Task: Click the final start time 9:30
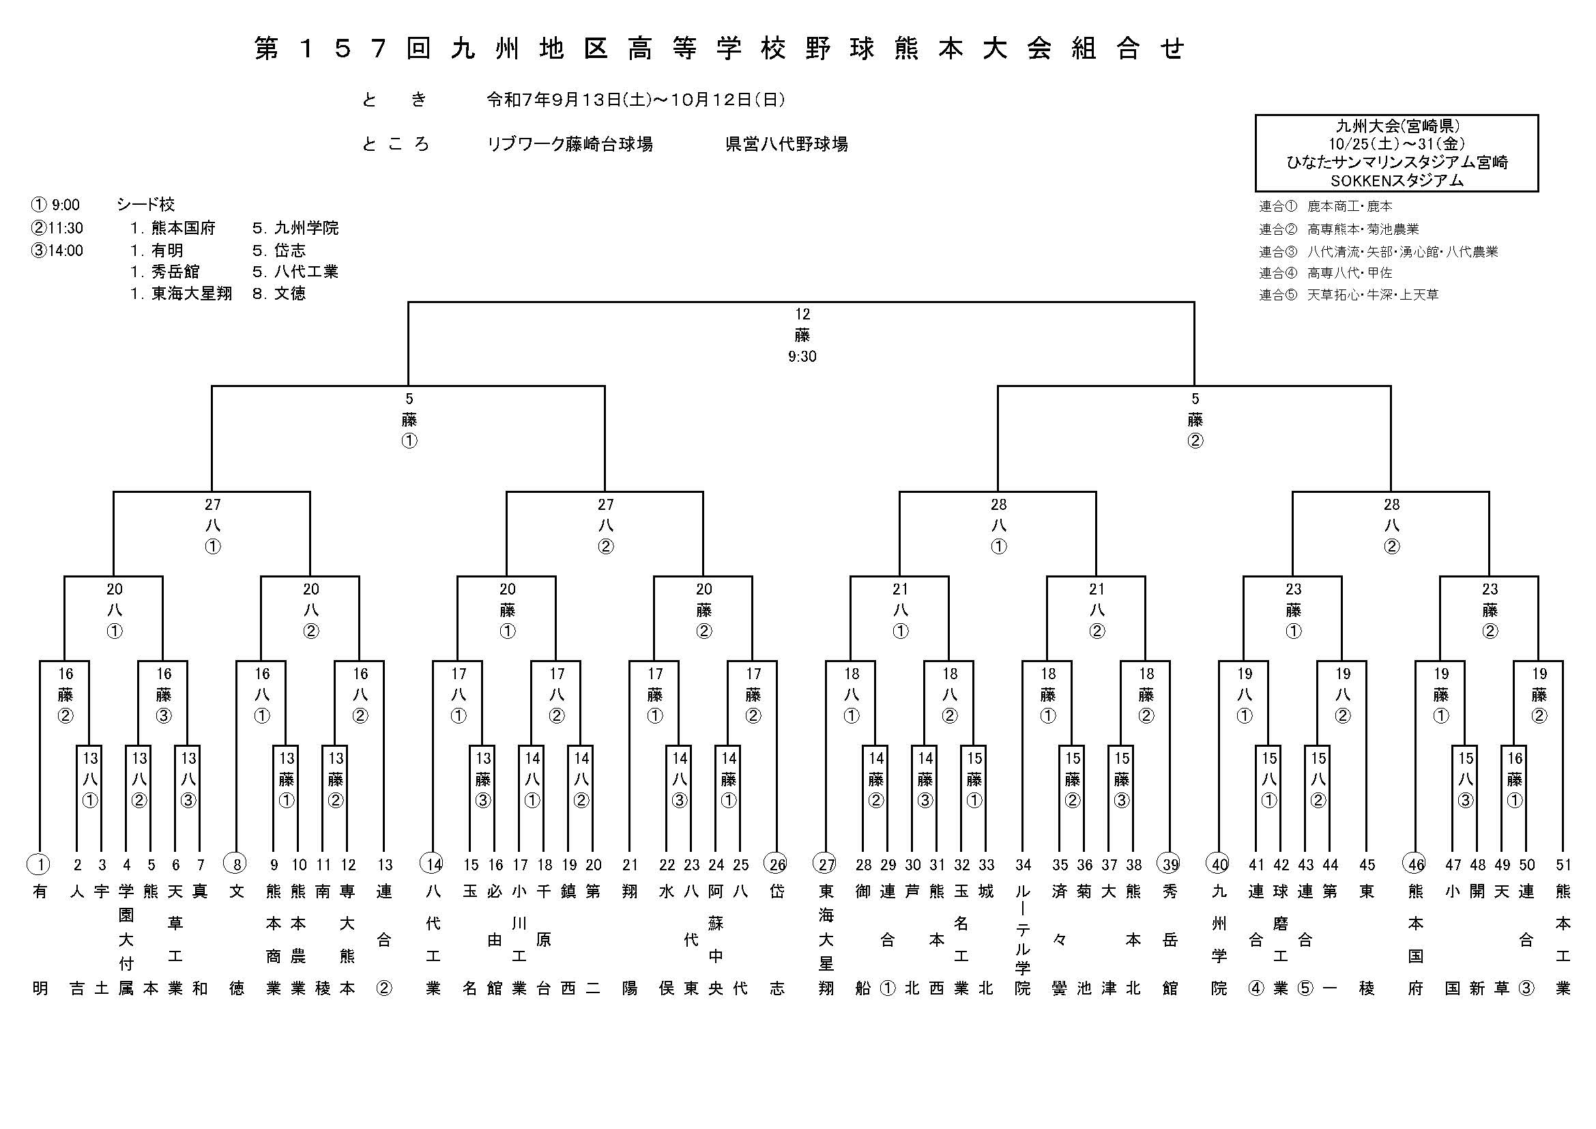(x=802, y=356)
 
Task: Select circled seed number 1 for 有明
(x=40, y=865)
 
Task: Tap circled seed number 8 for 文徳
(x=236, y=865)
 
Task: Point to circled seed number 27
(x=826, y=865)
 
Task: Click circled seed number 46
(x=1415, y=865)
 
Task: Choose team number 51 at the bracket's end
(x=1563, y=865)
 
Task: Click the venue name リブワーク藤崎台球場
(x=569, y=145)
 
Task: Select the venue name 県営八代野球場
(x=786, y=145)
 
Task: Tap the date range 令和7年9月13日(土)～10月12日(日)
(x=635, y=100)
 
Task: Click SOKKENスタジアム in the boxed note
(x=1397, y=181)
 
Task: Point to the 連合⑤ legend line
(x=1348, y=295)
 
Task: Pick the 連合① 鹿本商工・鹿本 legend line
(x=1325, y=206)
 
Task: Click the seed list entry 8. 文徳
(x=279, y=294)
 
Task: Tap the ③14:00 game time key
(x=57, y=251)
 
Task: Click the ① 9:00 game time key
(x=55, y=205)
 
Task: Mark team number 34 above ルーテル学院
(x=1023, y=865)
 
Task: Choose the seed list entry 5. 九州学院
(x=295, y=228)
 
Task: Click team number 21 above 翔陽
(x=630, y=865)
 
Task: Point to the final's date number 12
(x=802, y=314)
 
